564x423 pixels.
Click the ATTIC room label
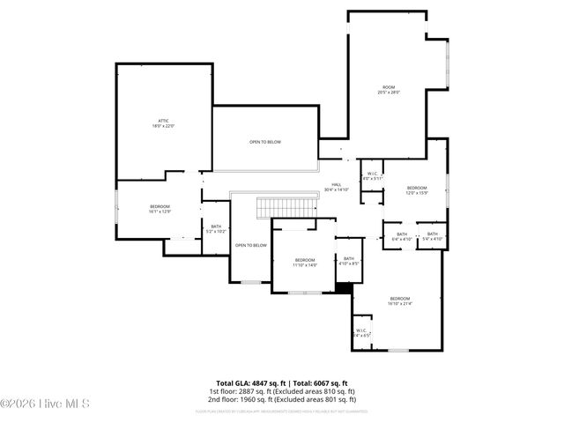(x=163, y=123)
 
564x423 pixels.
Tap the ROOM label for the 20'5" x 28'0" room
(x=389, y=89)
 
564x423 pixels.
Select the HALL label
(x=337, y=187)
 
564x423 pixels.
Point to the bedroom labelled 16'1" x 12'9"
(x=160, y=209)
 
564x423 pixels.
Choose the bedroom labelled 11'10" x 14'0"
(x=305, y=262)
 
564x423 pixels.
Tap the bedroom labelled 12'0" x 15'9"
(x=417, y=190)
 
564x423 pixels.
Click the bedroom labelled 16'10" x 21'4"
(x=400, y=301)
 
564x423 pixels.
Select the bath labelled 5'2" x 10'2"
(x=215, y=229)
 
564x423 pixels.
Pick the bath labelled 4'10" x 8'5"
(x=349, y=261)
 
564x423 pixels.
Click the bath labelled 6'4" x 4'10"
(x=401, y=236)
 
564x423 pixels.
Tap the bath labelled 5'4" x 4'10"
(x=432, y=236)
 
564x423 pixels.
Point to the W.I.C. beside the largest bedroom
(x=362, y=333)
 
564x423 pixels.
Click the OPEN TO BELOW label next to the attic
(x=265, y=142)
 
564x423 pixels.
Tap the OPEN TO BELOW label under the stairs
(x=250, y=245)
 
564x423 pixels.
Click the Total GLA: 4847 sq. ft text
(x=249, y=383)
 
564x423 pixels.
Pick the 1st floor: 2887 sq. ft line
(x=281, y=390)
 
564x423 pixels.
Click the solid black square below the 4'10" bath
(x=345, y=286)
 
